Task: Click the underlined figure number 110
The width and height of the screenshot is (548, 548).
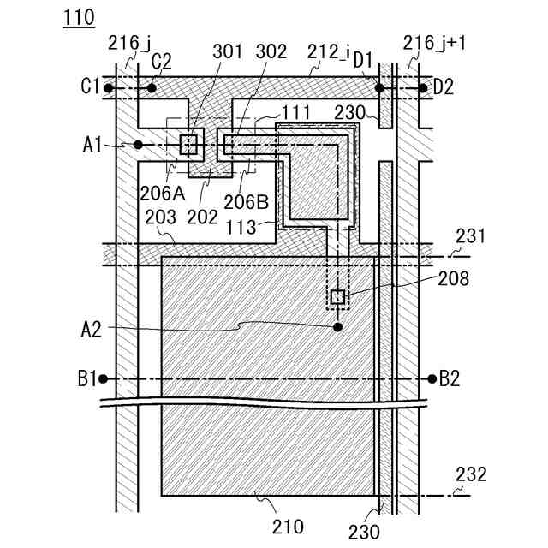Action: [x=78, y=16]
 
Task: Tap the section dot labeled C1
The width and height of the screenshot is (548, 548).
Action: [x=109, y=87]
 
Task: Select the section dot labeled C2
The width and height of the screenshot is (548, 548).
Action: [x=152, y=87]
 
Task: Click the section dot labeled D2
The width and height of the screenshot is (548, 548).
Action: [x=423, y=87]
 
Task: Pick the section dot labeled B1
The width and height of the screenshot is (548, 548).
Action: [x=103, y=378]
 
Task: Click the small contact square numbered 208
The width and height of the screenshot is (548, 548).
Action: [x=337, y=297]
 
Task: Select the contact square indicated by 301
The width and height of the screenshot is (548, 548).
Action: [x=188, y=143]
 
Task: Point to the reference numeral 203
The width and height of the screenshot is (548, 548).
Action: [x=159, y=218]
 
